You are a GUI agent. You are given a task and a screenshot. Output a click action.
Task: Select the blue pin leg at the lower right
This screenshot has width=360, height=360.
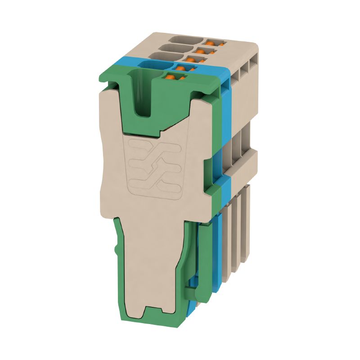point(219,252)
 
